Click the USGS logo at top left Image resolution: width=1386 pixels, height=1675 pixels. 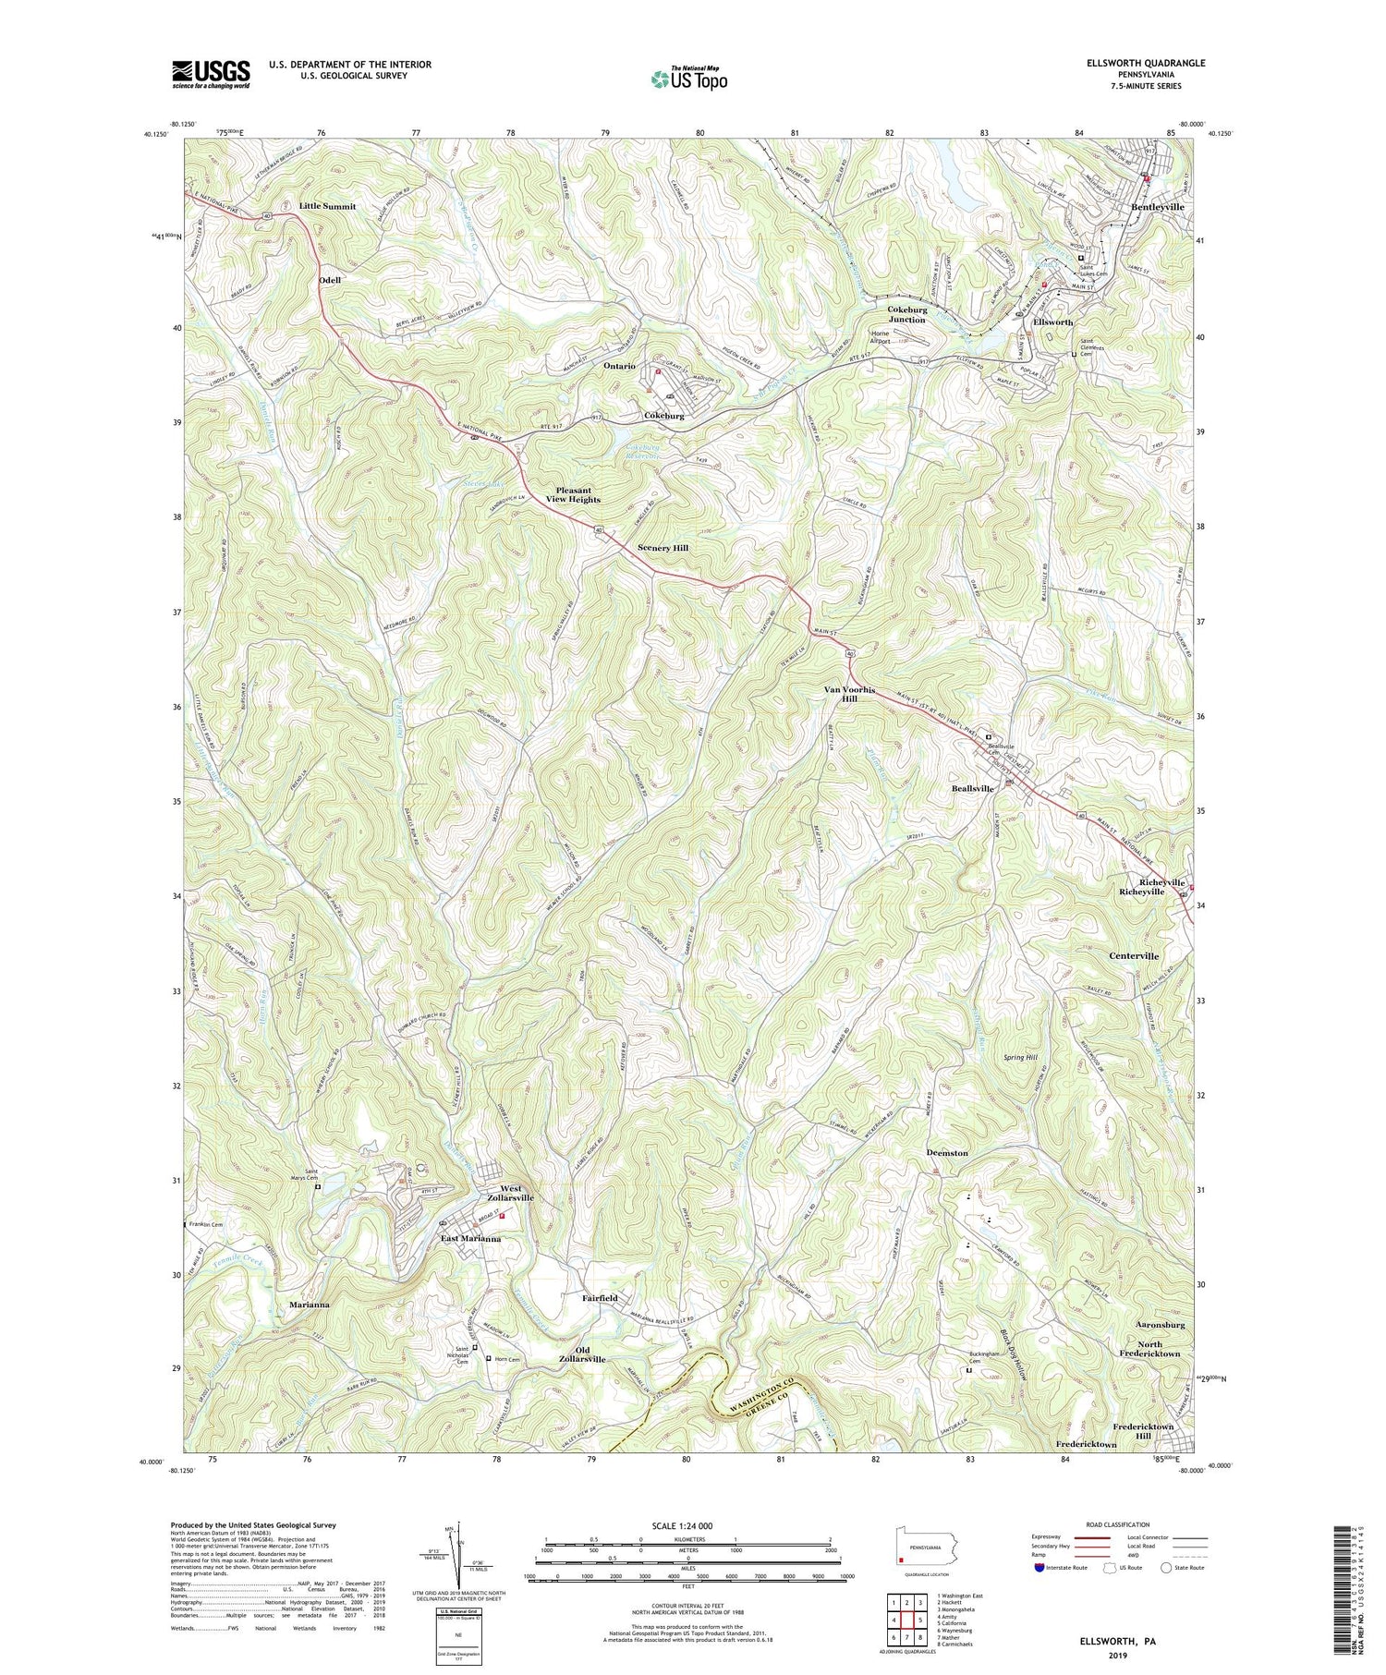[x=211, y=74]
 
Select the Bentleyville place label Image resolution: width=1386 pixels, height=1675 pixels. [x=1158, y=208]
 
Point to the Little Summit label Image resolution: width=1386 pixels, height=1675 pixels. [x=327, y=206]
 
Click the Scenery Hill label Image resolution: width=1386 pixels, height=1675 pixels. [x=663, y=548]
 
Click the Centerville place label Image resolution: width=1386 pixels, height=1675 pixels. [x=1134, y=956]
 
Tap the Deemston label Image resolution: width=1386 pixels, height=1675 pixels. [x=947, y=1153]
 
